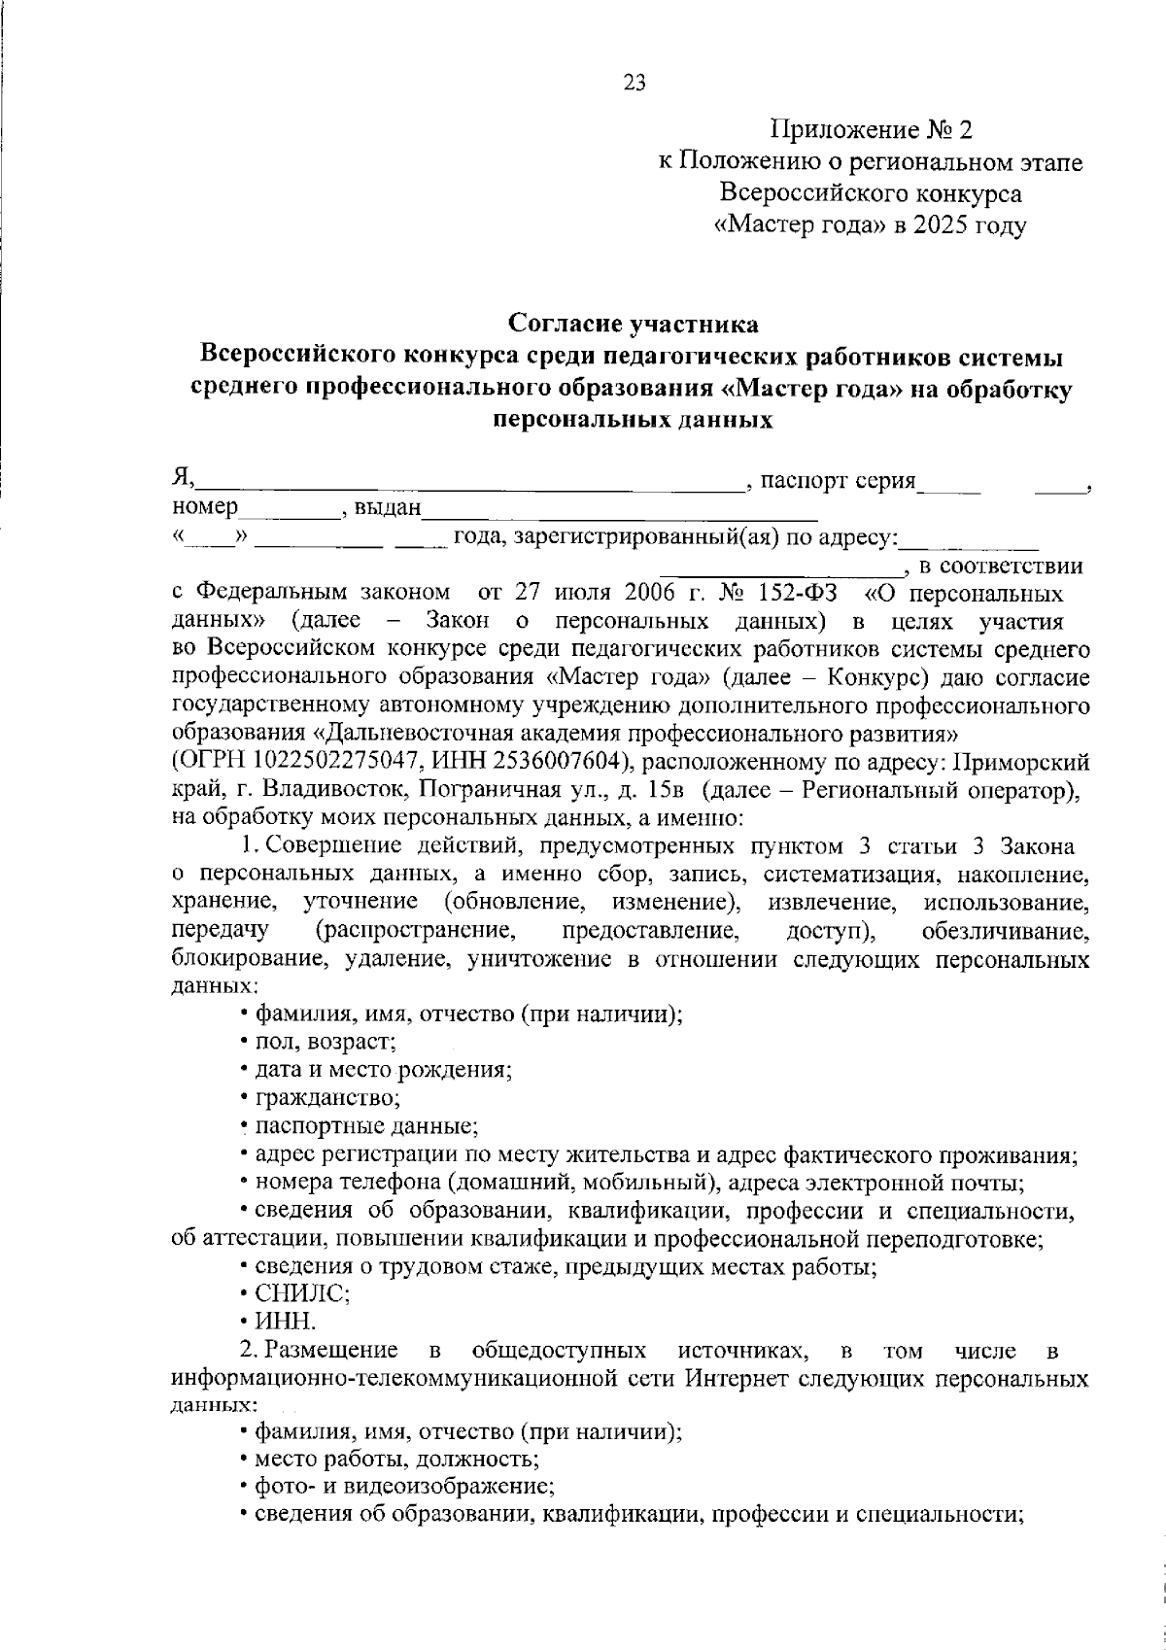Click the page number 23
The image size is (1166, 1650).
click(634, 83)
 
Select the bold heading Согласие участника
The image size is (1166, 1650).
click(634, 323)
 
